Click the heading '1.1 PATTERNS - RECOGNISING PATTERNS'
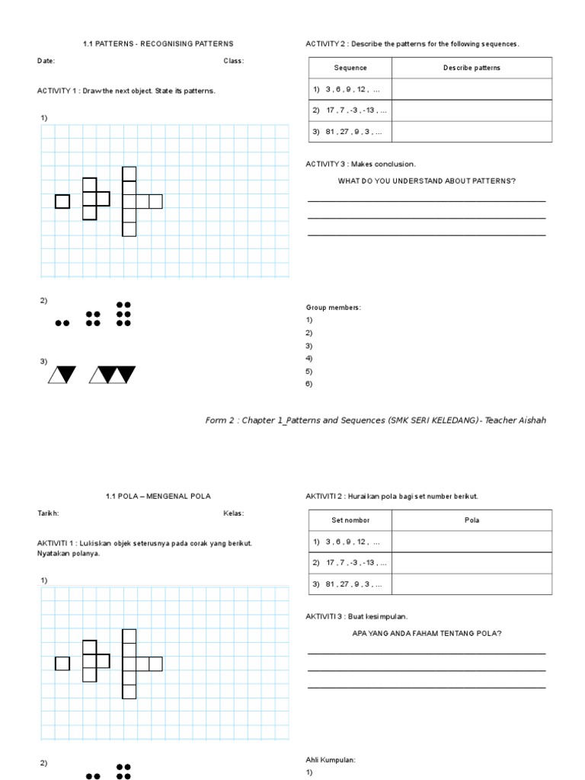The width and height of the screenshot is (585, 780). pos(158,44)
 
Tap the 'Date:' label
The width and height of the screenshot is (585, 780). pos(46,61)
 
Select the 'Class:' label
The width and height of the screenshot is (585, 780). pos(233,61)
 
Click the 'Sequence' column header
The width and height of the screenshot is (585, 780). pos(350,68)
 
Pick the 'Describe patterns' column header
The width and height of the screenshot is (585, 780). pos(472,68)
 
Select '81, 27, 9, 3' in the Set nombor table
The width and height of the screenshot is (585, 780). pos(347,584)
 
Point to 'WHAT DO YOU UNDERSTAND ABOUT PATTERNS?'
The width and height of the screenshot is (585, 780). pos(427,181)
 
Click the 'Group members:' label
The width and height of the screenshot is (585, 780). pos(333,307)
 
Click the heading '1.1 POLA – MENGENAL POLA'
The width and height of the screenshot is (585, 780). pos(158,497)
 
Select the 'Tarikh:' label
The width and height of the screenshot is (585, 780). pos(48,513)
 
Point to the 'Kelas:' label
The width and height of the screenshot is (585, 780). pos(233,513)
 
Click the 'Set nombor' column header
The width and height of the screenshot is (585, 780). pos(350,520)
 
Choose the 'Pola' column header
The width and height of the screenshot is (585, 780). pos(472,520)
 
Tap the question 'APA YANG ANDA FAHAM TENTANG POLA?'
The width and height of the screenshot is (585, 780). pos(427,633)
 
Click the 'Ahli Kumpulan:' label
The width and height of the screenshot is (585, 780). pos(331,759)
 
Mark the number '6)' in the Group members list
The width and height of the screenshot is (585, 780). pos(309,384)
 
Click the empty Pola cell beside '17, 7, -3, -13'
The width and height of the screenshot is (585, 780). pos(472,563)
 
